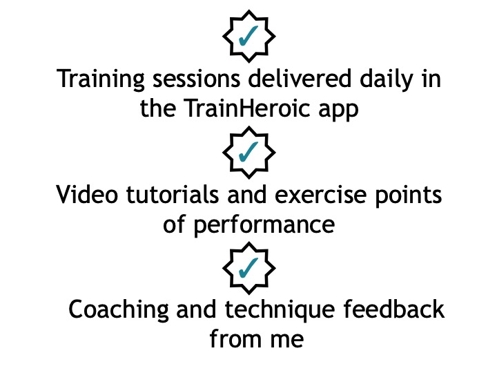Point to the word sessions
pos(197,79)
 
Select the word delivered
pos(300,78)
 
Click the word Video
pos(87,194)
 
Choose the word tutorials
pos(173,194)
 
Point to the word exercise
pos(321,194)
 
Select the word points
pos(408,195)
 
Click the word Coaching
pos(119,311)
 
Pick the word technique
pos(280,311)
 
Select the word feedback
pos(394,309)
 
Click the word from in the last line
pos(235,338)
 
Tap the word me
pos(287,341)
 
